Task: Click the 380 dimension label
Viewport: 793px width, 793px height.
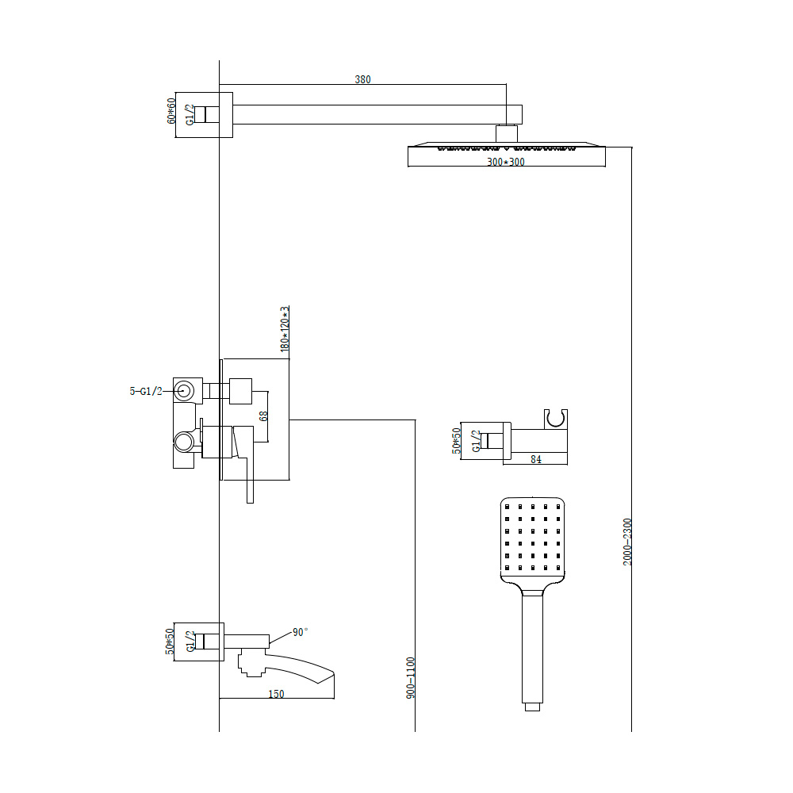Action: click(x=362, y=79)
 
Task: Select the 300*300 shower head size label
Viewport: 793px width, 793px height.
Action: click(x=506, y=162)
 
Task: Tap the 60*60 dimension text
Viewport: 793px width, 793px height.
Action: click(x=171, y=111)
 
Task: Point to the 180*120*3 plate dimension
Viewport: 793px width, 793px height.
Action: click(x=285, y=329)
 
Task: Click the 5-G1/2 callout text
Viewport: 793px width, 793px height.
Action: click(x=146, y=391)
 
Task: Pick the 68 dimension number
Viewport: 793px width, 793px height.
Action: click(x=263, y=416)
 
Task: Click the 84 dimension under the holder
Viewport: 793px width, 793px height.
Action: click(x=536, y=459)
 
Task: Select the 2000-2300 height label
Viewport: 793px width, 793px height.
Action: click(x=627, y=542)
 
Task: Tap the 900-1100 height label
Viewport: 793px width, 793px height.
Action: click(x=410, y=678)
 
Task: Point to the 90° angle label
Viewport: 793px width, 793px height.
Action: click(x=301, y=632)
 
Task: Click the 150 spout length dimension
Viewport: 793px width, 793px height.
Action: click(x=276, y=694)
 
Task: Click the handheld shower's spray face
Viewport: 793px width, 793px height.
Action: click(x=533, y=538)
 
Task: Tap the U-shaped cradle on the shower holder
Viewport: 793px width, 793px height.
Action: click(x=556, y=419)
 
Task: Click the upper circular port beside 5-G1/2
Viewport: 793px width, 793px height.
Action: click(x=184, y=391)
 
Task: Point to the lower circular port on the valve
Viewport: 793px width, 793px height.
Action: click(x=184, y=442)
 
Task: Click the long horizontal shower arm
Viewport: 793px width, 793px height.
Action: click(x=377, y=114)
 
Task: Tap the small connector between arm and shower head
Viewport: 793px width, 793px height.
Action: click(x=506, y=133)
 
